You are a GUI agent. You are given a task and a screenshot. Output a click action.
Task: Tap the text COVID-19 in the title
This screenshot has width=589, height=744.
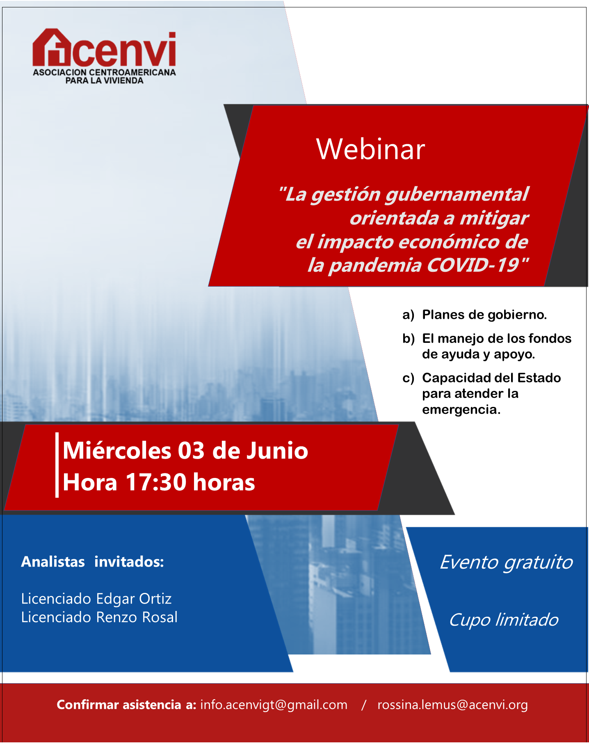(x=478, y=265)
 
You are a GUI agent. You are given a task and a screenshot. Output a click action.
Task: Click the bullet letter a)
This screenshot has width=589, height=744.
(x=409, y=315)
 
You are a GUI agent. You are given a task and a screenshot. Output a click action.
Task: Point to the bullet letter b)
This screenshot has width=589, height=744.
(x=409, y=339)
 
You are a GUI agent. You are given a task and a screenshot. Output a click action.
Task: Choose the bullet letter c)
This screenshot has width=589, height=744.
(x=408, y=378)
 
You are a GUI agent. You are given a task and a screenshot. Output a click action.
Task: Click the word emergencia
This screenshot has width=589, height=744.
(x=461, y=410)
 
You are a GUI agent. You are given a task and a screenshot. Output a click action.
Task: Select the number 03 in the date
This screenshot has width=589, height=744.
(x=191, y=450)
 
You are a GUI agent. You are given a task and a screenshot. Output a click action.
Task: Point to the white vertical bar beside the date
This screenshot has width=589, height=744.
(x=57, y=465)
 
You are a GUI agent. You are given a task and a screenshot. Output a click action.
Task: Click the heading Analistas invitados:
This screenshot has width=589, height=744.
(x=93, y=561)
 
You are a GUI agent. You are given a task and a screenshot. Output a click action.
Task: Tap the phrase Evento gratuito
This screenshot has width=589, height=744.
(x=506, y=563)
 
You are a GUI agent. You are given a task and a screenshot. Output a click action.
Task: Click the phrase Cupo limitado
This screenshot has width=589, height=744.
(x=504, y=620)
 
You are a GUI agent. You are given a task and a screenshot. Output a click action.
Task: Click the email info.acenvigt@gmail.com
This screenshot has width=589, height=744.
(x=274, y=705)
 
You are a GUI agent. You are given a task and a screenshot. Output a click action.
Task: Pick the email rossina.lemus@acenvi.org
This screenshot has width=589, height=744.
(x=453, y=705)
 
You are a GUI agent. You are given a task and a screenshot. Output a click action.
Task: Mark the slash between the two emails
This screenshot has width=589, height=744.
(x=363, y=705)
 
